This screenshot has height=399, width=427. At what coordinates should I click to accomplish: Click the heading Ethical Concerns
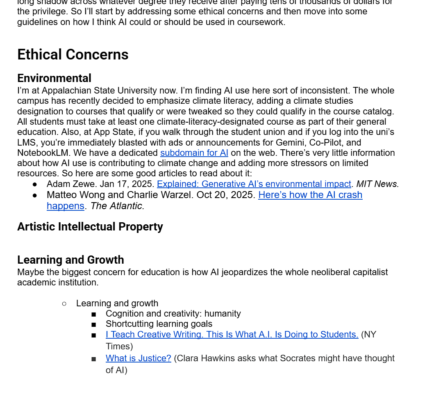tap(73, 55)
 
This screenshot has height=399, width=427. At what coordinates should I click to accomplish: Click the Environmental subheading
tap(54, 78)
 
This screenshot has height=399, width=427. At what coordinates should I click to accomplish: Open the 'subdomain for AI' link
tap(194, 153)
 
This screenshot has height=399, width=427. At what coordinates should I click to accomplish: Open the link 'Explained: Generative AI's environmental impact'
tap(254, 184)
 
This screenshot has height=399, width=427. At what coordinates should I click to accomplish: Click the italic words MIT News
tap(377, 184)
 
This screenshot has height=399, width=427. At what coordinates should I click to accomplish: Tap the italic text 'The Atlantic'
tap(117, 206)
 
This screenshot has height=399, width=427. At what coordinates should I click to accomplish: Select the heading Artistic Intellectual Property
tap(90, 226)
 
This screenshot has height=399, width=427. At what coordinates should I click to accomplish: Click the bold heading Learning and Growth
tap(70, 260)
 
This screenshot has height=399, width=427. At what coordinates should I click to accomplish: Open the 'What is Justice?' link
tap(138, 358)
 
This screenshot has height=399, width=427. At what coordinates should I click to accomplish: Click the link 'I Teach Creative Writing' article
tap(232, 335)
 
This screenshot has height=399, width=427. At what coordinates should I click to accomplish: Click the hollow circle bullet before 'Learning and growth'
tap(64, 303)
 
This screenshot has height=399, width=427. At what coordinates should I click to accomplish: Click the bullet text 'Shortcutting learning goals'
tap(159, 324)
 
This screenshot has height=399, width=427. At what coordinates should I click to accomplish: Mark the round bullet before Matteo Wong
tap(35, 195)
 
